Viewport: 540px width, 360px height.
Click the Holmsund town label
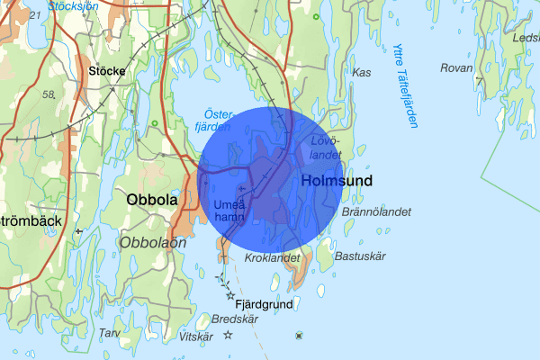tap(337, 181)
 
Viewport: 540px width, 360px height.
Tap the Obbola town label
tap(152, 200)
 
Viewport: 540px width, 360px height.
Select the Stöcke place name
tap(106, 69)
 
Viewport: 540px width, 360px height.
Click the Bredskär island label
tap(234, 319)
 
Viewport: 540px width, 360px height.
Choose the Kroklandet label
tap(271, 258)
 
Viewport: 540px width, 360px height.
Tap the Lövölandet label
tap(325, 148)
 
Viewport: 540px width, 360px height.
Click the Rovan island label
tap(456, 68)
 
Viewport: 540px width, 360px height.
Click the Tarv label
tap(109, 333)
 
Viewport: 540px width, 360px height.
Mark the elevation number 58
tap(48, 93)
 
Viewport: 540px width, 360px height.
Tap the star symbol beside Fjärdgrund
tap(230, 295)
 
